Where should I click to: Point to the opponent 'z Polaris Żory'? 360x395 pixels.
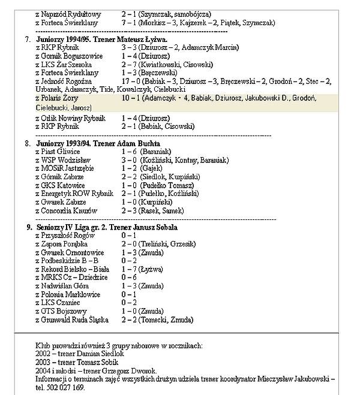click(57, 98)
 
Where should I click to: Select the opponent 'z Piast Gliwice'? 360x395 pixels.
click(58, 152)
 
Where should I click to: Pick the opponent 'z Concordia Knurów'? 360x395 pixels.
click(66, 211)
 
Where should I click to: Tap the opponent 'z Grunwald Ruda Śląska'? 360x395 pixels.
click(72, 320)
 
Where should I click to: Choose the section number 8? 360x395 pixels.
click(28, 144)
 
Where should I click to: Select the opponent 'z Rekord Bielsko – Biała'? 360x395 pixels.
click(72, 270)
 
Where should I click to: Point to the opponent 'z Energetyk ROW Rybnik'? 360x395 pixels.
click(74, 194)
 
